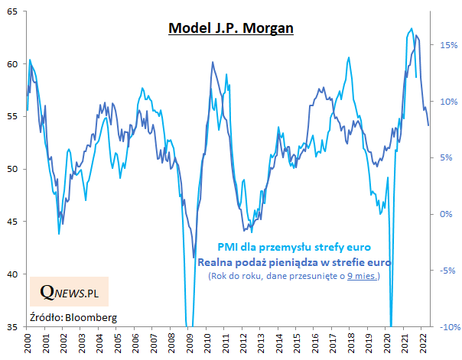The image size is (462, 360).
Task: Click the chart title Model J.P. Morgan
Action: point(231,28)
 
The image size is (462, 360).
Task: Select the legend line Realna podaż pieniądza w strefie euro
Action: point(294,262)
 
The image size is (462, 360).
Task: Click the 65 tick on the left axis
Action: point(15,12)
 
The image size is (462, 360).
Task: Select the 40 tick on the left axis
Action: point(15,274)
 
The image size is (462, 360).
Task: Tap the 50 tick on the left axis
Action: point(15,170)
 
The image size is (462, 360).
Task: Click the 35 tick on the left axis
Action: point(15,327)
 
